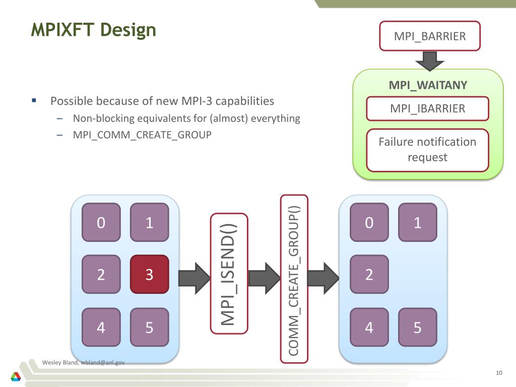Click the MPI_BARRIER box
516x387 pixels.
coord(430,36)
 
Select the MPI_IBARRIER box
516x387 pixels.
coord(427,108)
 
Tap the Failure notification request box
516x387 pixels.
coord(427,150)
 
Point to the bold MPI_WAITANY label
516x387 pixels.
coord(428,85)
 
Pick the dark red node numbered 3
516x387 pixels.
coord(149,275)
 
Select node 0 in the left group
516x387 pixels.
coord(101,222)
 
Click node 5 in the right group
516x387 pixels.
coord(417,328)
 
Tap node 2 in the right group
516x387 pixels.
coord(369,275)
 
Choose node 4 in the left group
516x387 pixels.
coord(101,328)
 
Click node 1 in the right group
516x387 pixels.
coord(417,222)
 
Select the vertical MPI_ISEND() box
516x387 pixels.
coord(229,274)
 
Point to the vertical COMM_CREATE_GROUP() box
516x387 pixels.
coord(294,279)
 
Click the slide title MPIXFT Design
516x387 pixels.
coord(93,30)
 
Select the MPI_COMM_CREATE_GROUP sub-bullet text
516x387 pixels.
coord(142,135)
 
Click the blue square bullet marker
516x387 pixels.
coord(34,100)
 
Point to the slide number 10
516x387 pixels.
coord(499,373)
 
